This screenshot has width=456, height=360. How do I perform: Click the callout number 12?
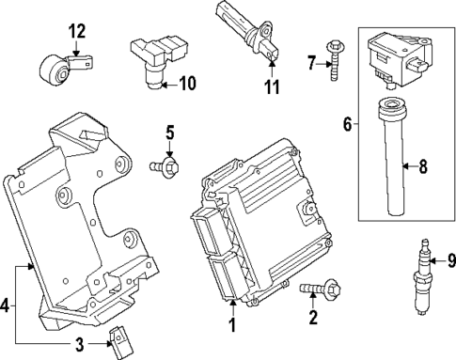coord(76,31)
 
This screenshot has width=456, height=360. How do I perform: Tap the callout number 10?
coord(187,84)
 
